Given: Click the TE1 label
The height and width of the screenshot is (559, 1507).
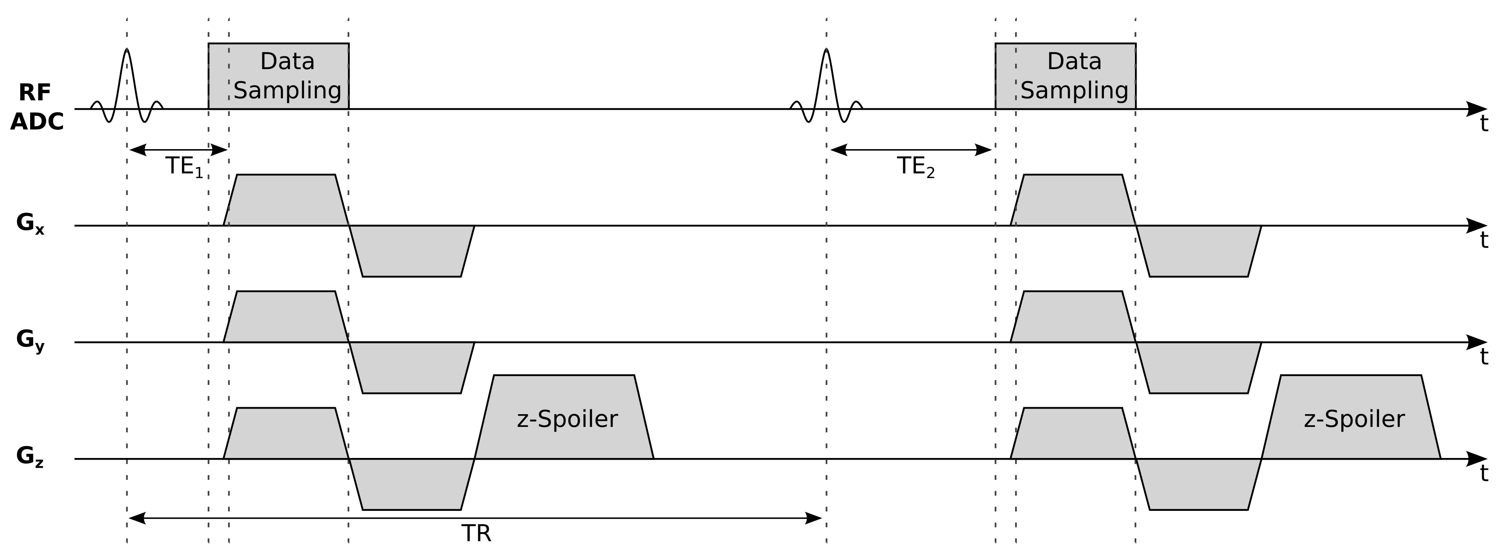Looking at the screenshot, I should pos(184,167).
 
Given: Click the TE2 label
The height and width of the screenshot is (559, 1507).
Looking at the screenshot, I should pos(915,167).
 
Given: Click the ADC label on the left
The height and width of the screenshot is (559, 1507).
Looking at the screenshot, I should pos(36,122).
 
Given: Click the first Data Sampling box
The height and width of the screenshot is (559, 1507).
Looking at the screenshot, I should pos(278,76).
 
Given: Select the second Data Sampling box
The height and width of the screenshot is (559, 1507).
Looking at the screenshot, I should pos(1065,76).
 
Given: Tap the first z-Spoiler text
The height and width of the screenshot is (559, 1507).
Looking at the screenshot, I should pos(567,419).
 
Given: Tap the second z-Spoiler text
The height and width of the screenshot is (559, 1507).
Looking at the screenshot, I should pos(1354,419).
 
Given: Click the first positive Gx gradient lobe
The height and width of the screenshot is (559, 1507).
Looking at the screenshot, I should pos(285,200).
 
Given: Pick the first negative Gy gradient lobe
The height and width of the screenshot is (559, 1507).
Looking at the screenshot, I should pos(412,367).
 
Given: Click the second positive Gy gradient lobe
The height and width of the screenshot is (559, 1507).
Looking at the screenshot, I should pos(1073,317).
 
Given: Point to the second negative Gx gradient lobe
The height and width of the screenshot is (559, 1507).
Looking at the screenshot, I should pos(1199,251).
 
